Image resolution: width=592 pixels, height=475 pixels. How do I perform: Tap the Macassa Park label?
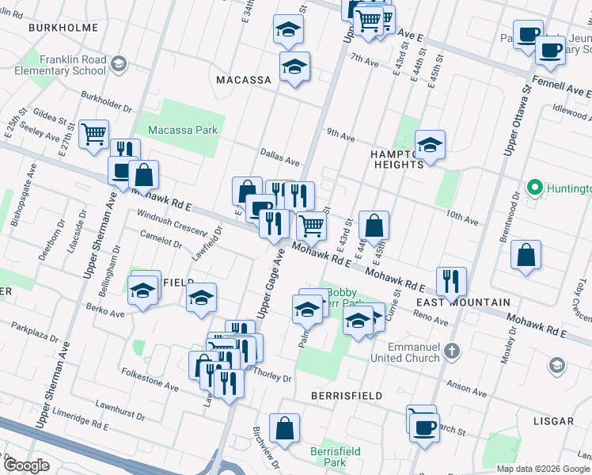pyautogui.click(x=182, y=130)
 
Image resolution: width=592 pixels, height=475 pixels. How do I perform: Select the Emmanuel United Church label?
pyautogui.click(x=413, y=352)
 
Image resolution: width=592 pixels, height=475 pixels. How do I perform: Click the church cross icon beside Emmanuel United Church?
pyautogui.click(x=451, y=350)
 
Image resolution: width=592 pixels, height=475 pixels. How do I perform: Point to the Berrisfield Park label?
pyautogui.click(x=336, y=456)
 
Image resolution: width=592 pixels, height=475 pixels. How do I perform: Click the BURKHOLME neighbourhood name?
pyautogui.click(x=63, y=28)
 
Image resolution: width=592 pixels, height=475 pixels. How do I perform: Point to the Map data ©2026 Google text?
pyautogui.click(x=543, y=469)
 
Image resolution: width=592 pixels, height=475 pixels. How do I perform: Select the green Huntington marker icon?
pyautogui.click(x=535, y=188)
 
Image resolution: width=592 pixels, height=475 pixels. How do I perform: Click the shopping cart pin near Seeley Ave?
pyautogui.click(x=94, y=134)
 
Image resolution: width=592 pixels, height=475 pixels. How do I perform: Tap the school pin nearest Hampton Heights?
pyautogui.click(x=430, y=146)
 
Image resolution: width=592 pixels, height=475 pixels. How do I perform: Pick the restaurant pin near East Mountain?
pyautogui.click(x=451, y=281)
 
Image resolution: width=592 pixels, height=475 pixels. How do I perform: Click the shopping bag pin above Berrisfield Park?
pyautogui.click(x=284, y=428)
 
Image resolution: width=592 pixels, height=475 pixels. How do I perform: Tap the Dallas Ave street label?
pyautogui.click(x=279, y=157)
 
